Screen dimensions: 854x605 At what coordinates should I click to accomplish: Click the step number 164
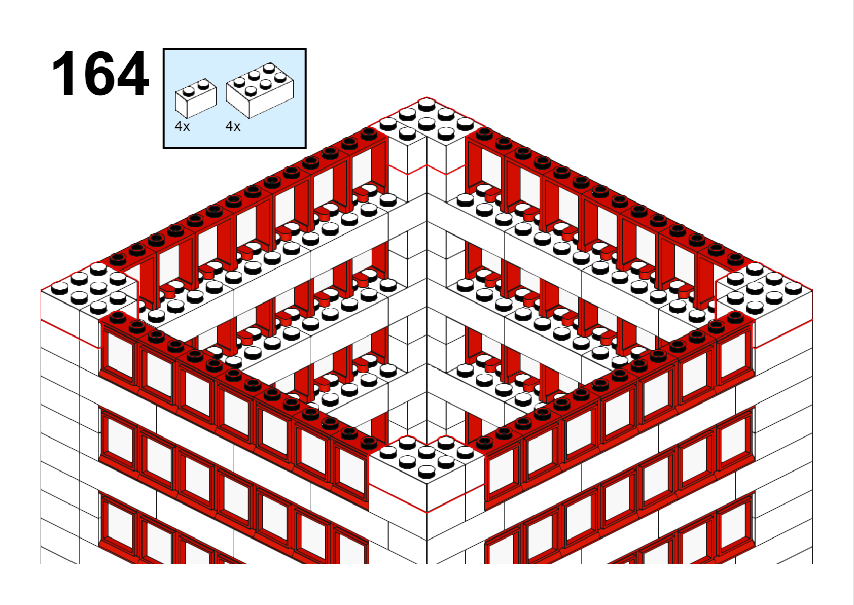[100, 73]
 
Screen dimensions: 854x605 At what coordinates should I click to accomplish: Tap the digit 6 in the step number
[99, 73]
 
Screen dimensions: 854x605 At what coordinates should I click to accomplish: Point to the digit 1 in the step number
[64, 73]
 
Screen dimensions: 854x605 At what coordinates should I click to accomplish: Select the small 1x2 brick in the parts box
[196, 98]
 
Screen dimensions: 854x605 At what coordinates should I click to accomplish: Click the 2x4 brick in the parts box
[260, 90]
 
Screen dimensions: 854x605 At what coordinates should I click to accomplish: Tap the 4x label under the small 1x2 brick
[182, 126]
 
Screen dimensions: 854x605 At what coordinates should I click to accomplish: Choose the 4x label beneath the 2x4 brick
[233, 126]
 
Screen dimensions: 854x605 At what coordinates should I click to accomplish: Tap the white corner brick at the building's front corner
[426, 473]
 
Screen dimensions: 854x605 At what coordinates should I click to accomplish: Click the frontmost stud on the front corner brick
[426, 472]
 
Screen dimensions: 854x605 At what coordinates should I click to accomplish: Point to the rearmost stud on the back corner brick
[426, 104]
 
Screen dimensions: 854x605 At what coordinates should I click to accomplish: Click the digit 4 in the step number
[133, 73]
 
